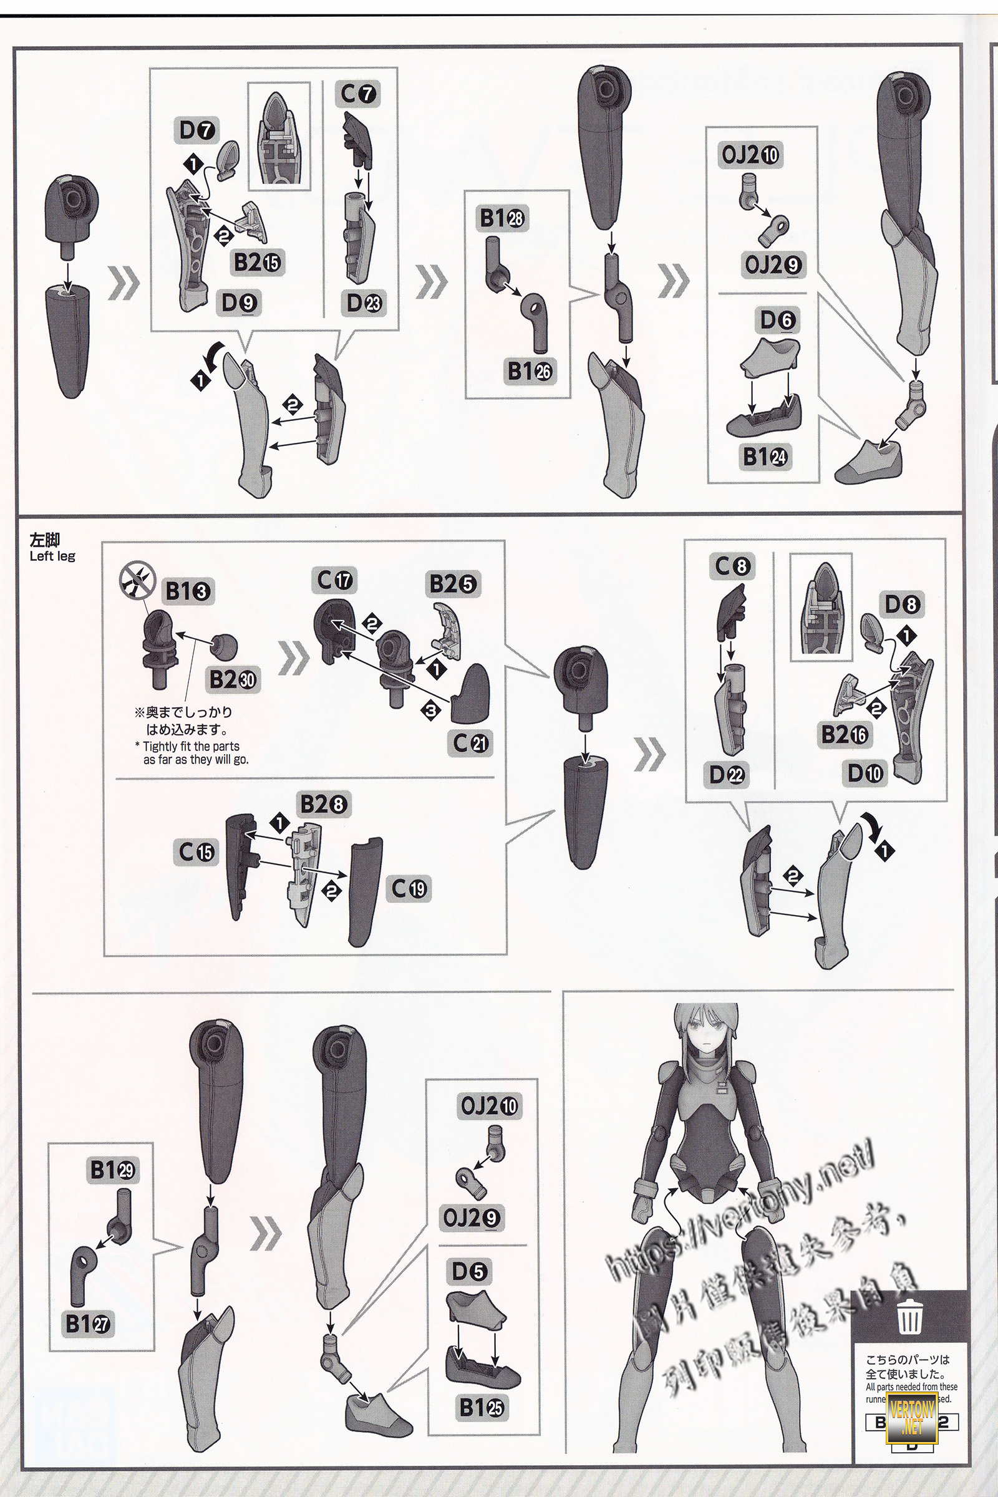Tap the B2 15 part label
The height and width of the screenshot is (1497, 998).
pyautogui.click(x=258, y=261)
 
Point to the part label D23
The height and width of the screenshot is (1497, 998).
pyautogui.click(x=364, y=303)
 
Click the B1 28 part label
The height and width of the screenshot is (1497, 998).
pyautogui.click(x=502, y=218)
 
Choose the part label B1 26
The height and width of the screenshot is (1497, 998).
pyautogui.click(x=530, y=371)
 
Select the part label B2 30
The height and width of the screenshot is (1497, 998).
pyautogui.click(x=233, y=680)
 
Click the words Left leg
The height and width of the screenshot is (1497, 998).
pyautogui.click(x=52, y=556)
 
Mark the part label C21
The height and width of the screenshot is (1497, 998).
pyautogui.click(x=471, y=743)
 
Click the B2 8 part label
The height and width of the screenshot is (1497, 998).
pyautogui.click(x=323, y=805)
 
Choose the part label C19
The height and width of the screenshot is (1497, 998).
pyautogui.click(x=409, y=888)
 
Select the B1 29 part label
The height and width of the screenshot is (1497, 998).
pyautogui.click(x=113, y=1169)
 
